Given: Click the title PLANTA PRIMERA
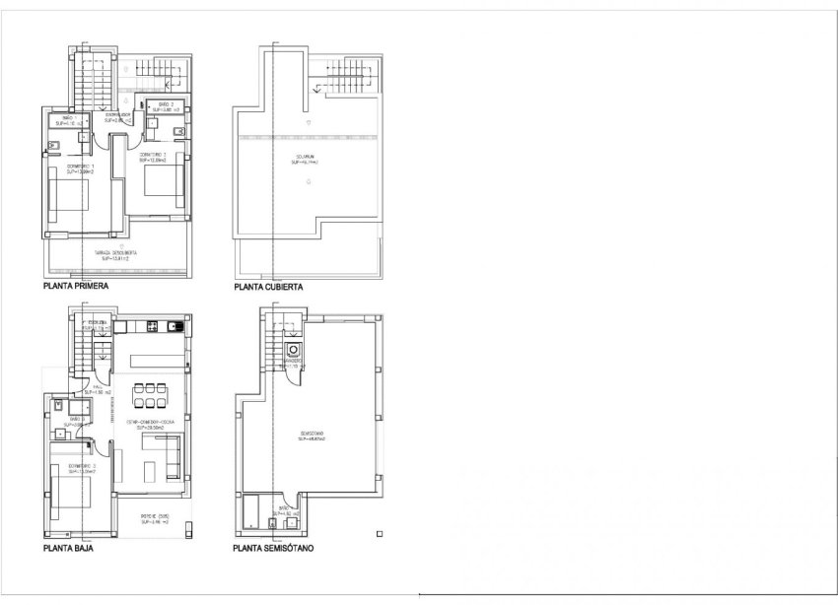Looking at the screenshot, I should (x=76, y=288).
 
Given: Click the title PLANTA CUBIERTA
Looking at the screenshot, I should (x=266, y=288).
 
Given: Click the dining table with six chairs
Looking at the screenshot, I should (x=148, y=394).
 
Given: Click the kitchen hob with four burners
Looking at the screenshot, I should (x=154, y=326).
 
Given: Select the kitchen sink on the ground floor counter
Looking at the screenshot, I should (x=175, y=326).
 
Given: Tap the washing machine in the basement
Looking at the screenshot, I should (x=293, y=350).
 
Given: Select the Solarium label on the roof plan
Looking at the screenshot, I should (x=308, y=158).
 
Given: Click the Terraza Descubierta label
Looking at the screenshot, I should (x=116, y=254).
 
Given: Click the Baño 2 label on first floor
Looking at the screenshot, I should (x=165, y=105).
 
